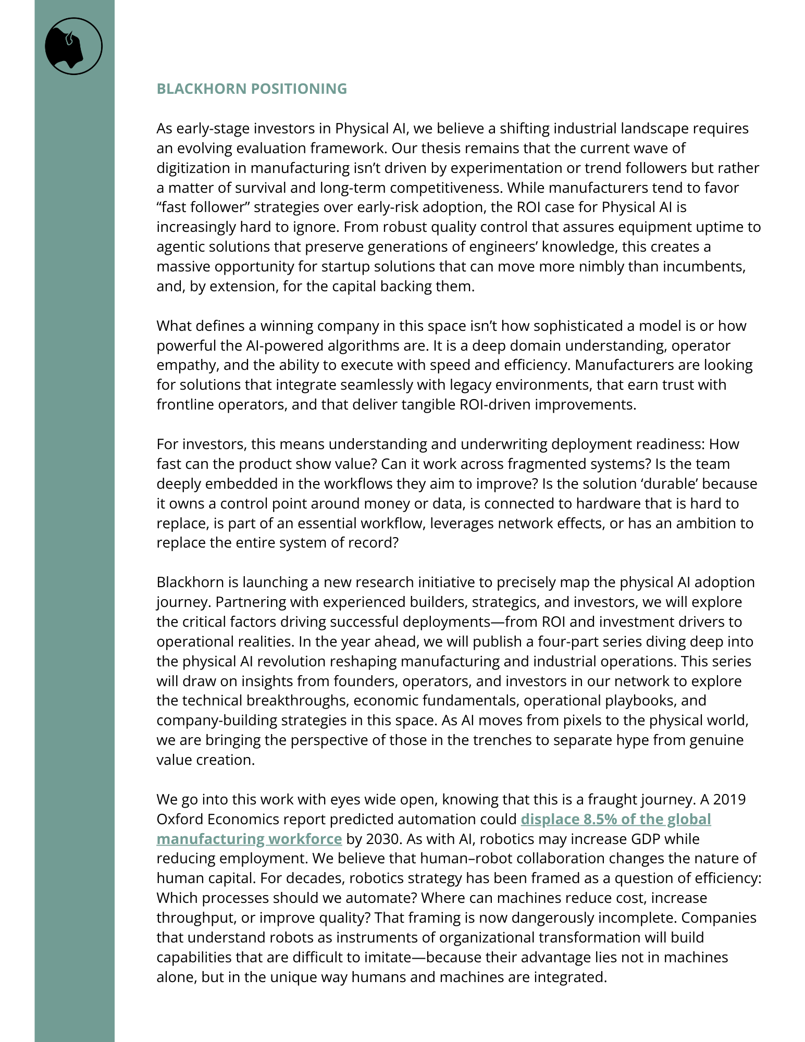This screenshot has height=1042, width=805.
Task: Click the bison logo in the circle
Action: pos(73,46)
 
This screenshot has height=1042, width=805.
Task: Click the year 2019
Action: pos(729,800)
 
